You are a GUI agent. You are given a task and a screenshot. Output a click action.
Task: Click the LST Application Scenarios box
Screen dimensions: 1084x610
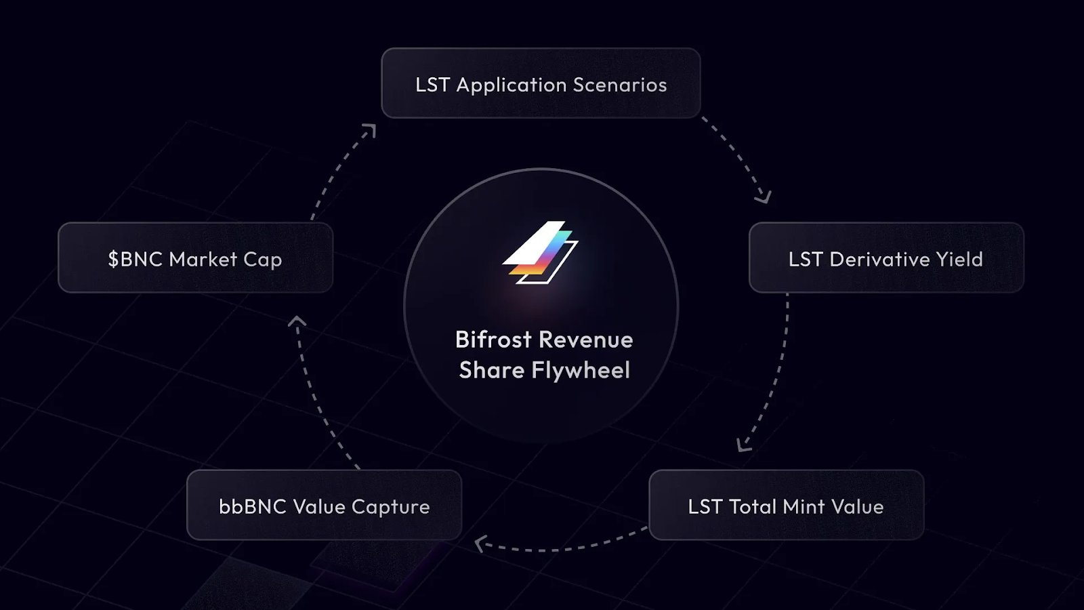click(x=541, y=83)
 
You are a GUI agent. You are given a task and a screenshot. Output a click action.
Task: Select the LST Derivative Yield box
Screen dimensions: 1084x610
click(x=886, y=258)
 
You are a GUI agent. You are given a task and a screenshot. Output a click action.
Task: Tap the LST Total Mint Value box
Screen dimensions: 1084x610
click(x=787, y=505)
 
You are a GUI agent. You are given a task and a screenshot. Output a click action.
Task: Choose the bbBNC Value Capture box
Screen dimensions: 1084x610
click(x=325, y=505)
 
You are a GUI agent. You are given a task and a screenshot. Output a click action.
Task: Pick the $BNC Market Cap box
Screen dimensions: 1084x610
click(x=196, y=258)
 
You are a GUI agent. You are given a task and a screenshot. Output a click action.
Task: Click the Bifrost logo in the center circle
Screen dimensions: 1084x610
click(x=541, y=252)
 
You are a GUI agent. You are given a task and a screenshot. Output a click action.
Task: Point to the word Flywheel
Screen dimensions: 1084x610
click(x=581, y=371)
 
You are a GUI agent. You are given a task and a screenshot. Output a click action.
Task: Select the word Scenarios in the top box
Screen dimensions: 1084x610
click(x=620, y=85)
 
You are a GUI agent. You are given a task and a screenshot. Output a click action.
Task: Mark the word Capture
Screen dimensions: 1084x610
click(x=390, y=508)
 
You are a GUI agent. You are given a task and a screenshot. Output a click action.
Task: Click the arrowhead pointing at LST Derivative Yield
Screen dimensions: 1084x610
click(x=763, y=197)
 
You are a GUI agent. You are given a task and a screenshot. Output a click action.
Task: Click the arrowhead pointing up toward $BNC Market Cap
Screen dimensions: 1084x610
click(x=297, y=321)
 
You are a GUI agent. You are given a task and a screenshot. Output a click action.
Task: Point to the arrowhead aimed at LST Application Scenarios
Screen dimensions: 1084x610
click(x=370, y=130)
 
